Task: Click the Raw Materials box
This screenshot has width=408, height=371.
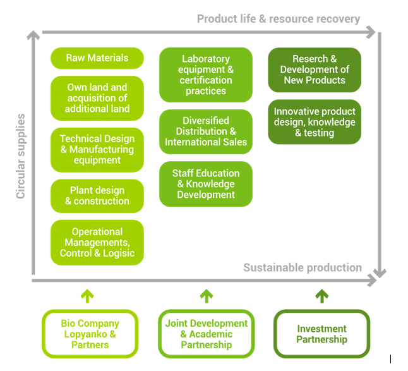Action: [x=97, y=58]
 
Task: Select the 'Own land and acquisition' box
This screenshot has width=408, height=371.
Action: [x=97, y=98]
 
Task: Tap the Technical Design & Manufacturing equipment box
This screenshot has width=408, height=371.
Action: [x=97, y=150]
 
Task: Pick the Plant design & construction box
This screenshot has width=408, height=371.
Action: [x=97, y=196]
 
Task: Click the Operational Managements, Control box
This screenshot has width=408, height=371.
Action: [x=97, y=243]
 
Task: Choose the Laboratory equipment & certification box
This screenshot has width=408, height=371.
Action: [x=206, y=75]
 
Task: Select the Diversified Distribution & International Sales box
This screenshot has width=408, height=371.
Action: [x=206, y=131]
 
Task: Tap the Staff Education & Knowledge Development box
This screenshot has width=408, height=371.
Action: [x=206, y=184]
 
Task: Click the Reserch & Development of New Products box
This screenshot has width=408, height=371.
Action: [x=315, y=70]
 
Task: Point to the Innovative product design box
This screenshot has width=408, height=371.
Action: [x=315, y=122]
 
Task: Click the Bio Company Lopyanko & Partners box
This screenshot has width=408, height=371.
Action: [x=90, y=334]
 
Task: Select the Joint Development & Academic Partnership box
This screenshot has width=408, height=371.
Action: [x=207, y=334]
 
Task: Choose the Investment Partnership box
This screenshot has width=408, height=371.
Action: [x=322, y=334]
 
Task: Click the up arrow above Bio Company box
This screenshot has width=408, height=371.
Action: [x=87, y=296]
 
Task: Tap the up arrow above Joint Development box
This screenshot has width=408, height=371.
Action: [x=207, y=296]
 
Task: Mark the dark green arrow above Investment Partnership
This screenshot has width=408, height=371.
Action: [x=322, y=296]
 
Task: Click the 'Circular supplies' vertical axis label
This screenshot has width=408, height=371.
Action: [x=21, y=156]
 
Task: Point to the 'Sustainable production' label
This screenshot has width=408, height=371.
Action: [x=303, y=267]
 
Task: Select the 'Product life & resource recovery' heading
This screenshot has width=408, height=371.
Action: [x=279, y=19]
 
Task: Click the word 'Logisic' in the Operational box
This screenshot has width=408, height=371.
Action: [x=119, y=253]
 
